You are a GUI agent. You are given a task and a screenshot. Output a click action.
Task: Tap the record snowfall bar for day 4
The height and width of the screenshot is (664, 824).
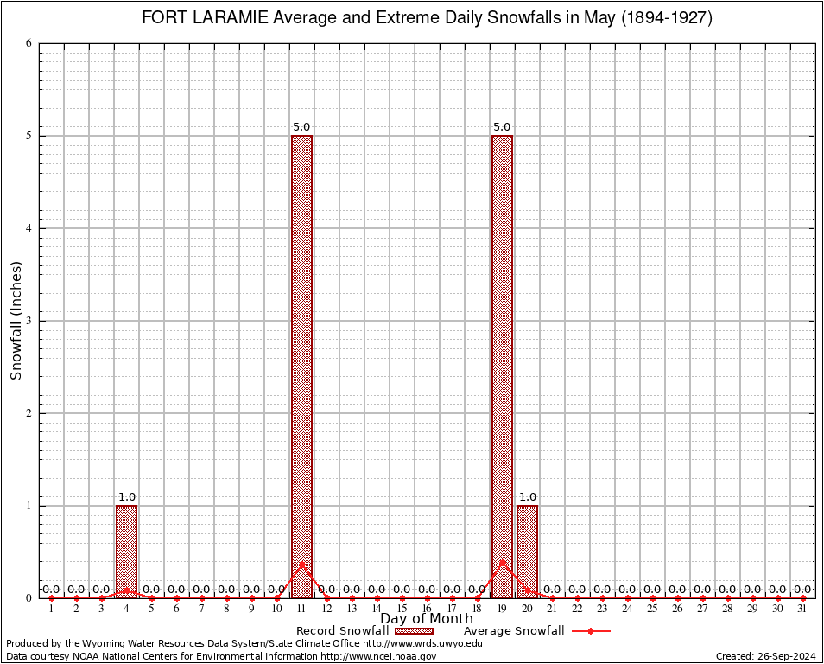[x=126, y=552]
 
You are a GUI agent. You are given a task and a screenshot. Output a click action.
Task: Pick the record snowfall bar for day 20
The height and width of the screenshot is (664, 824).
[x=527, y=552]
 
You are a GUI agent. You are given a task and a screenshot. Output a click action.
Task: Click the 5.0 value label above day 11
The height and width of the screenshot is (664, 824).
[x=301, y=127]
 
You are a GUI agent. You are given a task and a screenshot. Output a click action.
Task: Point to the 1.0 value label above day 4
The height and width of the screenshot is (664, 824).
[x=126, y=497]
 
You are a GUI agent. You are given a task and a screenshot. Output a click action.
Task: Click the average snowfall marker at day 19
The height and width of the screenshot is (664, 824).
[x=502, y=562]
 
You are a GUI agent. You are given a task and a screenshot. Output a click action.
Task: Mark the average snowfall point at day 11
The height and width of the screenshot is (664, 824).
[x=301, y=565]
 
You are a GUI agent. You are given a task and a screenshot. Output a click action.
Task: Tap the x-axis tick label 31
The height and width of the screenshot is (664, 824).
[x=803, y=610]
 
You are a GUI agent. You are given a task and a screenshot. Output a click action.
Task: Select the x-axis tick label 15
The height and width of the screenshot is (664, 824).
[x=402, y=610]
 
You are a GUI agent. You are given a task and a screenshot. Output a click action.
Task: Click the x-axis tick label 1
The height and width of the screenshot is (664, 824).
[x=51, y=610]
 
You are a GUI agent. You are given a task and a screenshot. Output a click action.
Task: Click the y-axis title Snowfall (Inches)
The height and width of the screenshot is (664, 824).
[x=16, y=321]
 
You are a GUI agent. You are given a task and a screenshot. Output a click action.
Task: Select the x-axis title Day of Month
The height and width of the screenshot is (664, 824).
[x=427, y=619]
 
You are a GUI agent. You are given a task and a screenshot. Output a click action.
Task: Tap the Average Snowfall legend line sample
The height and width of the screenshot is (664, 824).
[x=591, y=631]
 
